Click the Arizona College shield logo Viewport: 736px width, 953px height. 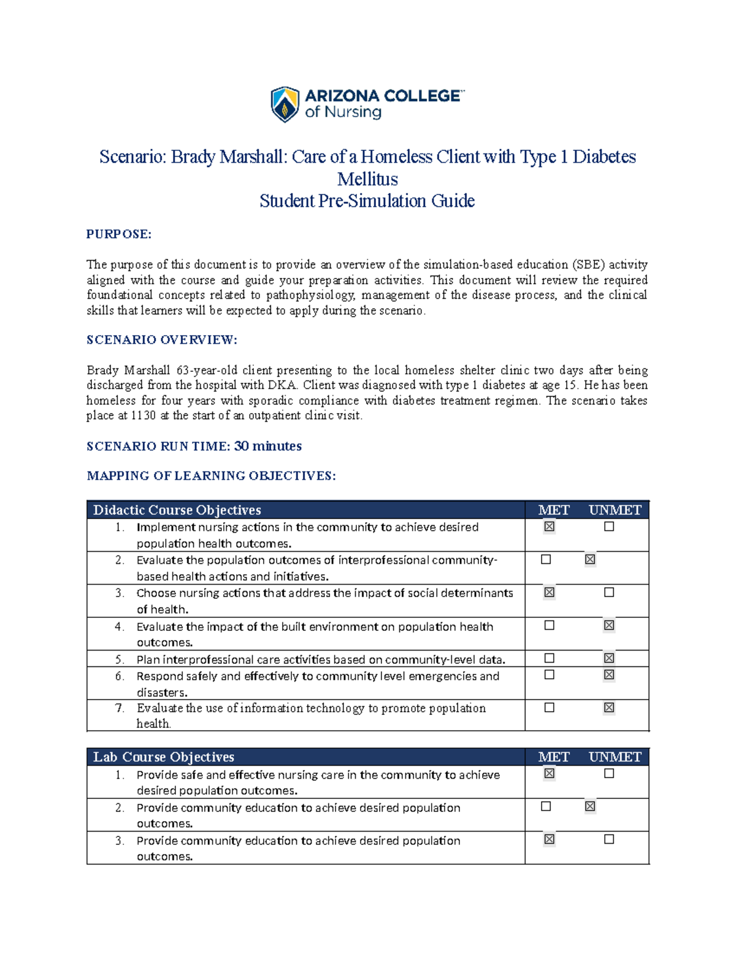[x=285, y=104]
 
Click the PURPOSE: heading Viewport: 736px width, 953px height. [x=118, y=234]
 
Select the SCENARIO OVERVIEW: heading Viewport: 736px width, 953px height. [x=161, y=339]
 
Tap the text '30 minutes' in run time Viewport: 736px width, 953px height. [x=268, y=446]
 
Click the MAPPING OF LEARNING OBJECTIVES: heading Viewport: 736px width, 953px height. [x=211, y=476]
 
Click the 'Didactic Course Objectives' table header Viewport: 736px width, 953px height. [x=177, y=510]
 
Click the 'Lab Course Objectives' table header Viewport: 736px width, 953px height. [x=163, y=757]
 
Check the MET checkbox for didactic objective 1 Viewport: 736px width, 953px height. [x=549, y=527]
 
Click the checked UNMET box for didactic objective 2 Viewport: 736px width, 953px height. [x=590, y=560]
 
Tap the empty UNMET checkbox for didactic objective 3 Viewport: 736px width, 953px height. [x=609, y=592]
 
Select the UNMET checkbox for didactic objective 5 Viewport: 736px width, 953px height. [x=609, y=658]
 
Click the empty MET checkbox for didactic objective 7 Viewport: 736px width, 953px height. [x=549, y=708]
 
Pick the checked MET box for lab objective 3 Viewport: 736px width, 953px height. [x=549, y=839]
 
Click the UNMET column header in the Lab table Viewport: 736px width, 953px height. [x=615, y=757]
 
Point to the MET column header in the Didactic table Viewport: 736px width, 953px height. [x=553, y=510]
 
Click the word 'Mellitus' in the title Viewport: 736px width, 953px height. [x=367, y=179]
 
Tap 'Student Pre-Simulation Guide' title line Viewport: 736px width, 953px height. [x=367, y=201]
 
